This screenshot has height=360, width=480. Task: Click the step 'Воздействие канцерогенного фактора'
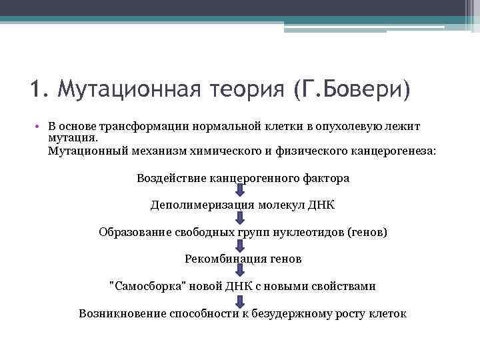[243, 179]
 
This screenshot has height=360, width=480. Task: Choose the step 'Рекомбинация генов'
[243, 258]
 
